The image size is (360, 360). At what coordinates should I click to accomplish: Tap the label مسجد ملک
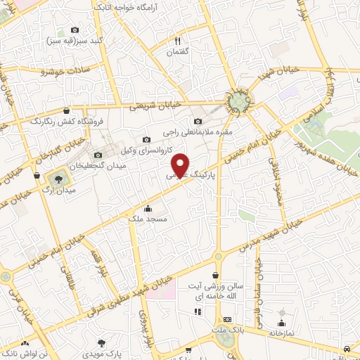click(x=147, y=219)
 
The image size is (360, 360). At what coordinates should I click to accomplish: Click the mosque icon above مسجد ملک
click(x=148, y=208)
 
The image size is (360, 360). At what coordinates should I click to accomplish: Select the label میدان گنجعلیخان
click(x=117, y=165)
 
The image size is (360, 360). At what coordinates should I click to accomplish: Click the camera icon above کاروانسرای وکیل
click(x=146, y=139)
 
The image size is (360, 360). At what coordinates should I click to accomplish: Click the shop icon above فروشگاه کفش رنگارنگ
click(x=66, y=110)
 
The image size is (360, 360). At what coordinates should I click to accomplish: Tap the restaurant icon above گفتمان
click(x=177, y=41)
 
